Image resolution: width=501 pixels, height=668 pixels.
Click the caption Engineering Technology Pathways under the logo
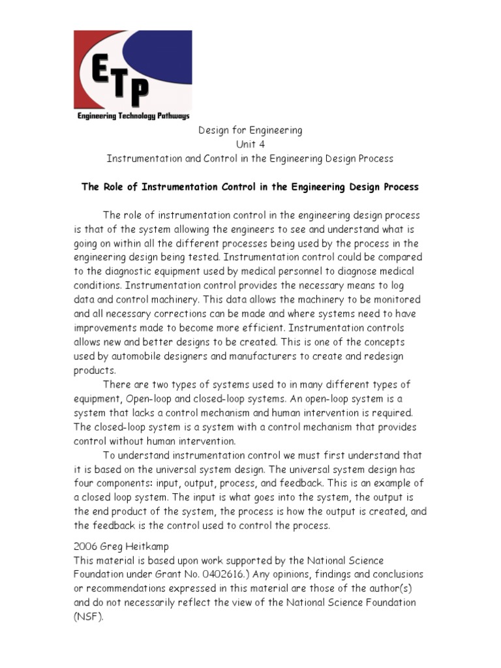132,116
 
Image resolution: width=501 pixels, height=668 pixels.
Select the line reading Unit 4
250,144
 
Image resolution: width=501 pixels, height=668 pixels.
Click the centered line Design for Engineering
250,130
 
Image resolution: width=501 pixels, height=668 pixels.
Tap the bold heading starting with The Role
250,187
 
